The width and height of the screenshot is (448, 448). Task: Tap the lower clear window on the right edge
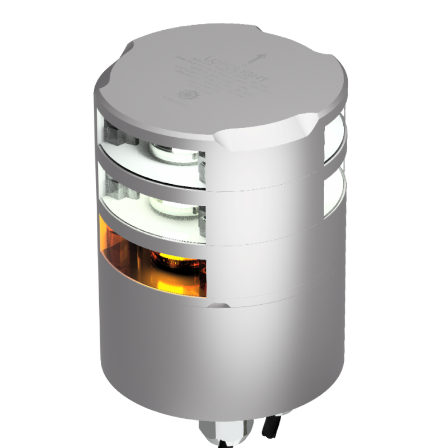pos(335,193)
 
